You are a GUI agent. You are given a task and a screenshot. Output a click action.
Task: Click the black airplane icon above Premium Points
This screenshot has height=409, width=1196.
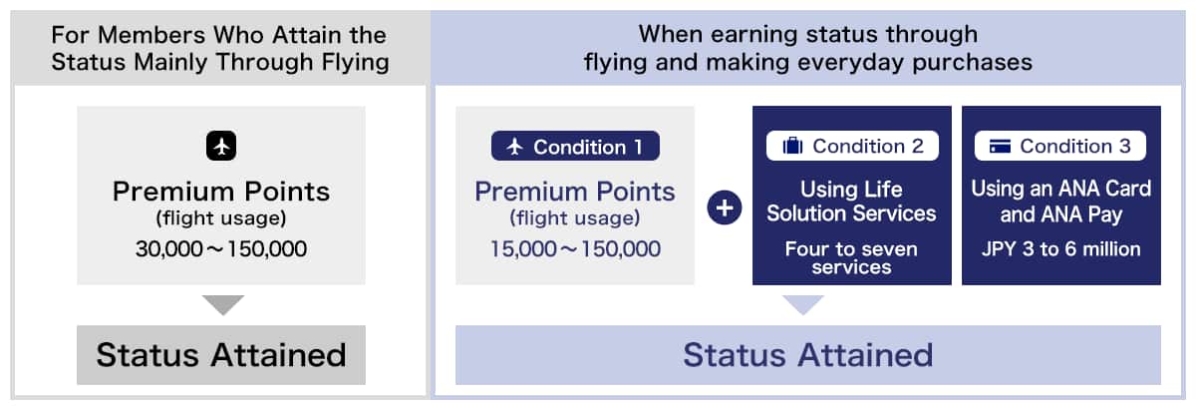(x=221, y=146)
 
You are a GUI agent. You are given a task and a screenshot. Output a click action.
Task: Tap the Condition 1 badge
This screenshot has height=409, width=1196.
(x=575, y=147)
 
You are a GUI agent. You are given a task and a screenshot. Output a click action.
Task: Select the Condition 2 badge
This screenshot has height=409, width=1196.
(x=852, y=146)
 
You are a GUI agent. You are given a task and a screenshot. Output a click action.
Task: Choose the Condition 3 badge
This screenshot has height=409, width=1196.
(x=1060, y=146)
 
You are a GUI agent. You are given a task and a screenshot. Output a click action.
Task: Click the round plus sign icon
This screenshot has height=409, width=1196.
(x=724, y=209)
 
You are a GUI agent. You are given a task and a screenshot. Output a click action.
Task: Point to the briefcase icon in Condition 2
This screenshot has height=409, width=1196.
(x=792, y=147)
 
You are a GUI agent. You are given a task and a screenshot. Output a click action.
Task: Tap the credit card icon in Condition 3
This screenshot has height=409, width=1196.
(x=1001, y=147)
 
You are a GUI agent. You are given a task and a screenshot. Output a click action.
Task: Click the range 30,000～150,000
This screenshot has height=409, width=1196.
(x=221, y=248)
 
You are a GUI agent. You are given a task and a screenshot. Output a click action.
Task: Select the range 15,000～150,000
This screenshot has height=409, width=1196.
(x=575, y=248)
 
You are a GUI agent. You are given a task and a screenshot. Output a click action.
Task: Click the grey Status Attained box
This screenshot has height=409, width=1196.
(x=221, y=354)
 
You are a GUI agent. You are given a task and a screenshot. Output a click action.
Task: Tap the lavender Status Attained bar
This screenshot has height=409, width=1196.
(x=807, y=354)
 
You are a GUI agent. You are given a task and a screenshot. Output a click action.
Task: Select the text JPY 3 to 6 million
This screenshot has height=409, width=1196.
(x=1060, y=248)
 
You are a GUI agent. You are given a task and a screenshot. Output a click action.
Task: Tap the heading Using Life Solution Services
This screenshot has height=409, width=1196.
(x=852, y=201)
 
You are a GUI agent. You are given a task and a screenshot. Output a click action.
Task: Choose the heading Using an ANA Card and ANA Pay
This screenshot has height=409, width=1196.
(x=1060, y=201)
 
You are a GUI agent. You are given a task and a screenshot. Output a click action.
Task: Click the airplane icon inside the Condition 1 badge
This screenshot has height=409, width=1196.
(x=515, y=147)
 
